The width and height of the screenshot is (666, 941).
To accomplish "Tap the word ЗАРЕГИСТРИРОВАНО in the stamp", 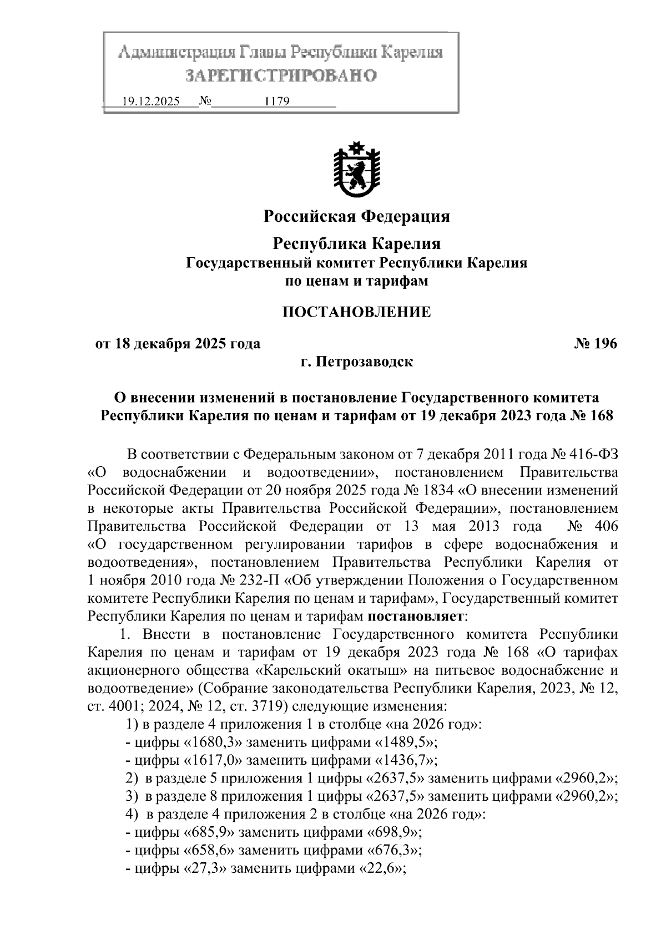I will [x=280, y=75].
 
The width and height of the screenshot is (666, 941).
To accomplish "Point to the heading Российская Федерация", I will [x=356, y=216].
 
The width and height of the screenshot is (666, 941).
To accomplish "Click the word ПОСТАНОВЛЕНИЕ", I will [x=356, y=312].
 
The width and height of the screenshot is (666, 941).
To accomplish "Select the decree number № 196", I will [x=595, y=344].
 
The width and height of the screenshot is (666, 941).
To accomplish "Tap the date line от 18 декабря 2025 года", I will [x=178, y=344].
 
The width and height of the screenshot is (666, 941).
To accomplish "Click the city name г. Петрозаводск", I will [x=356, y=362].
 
